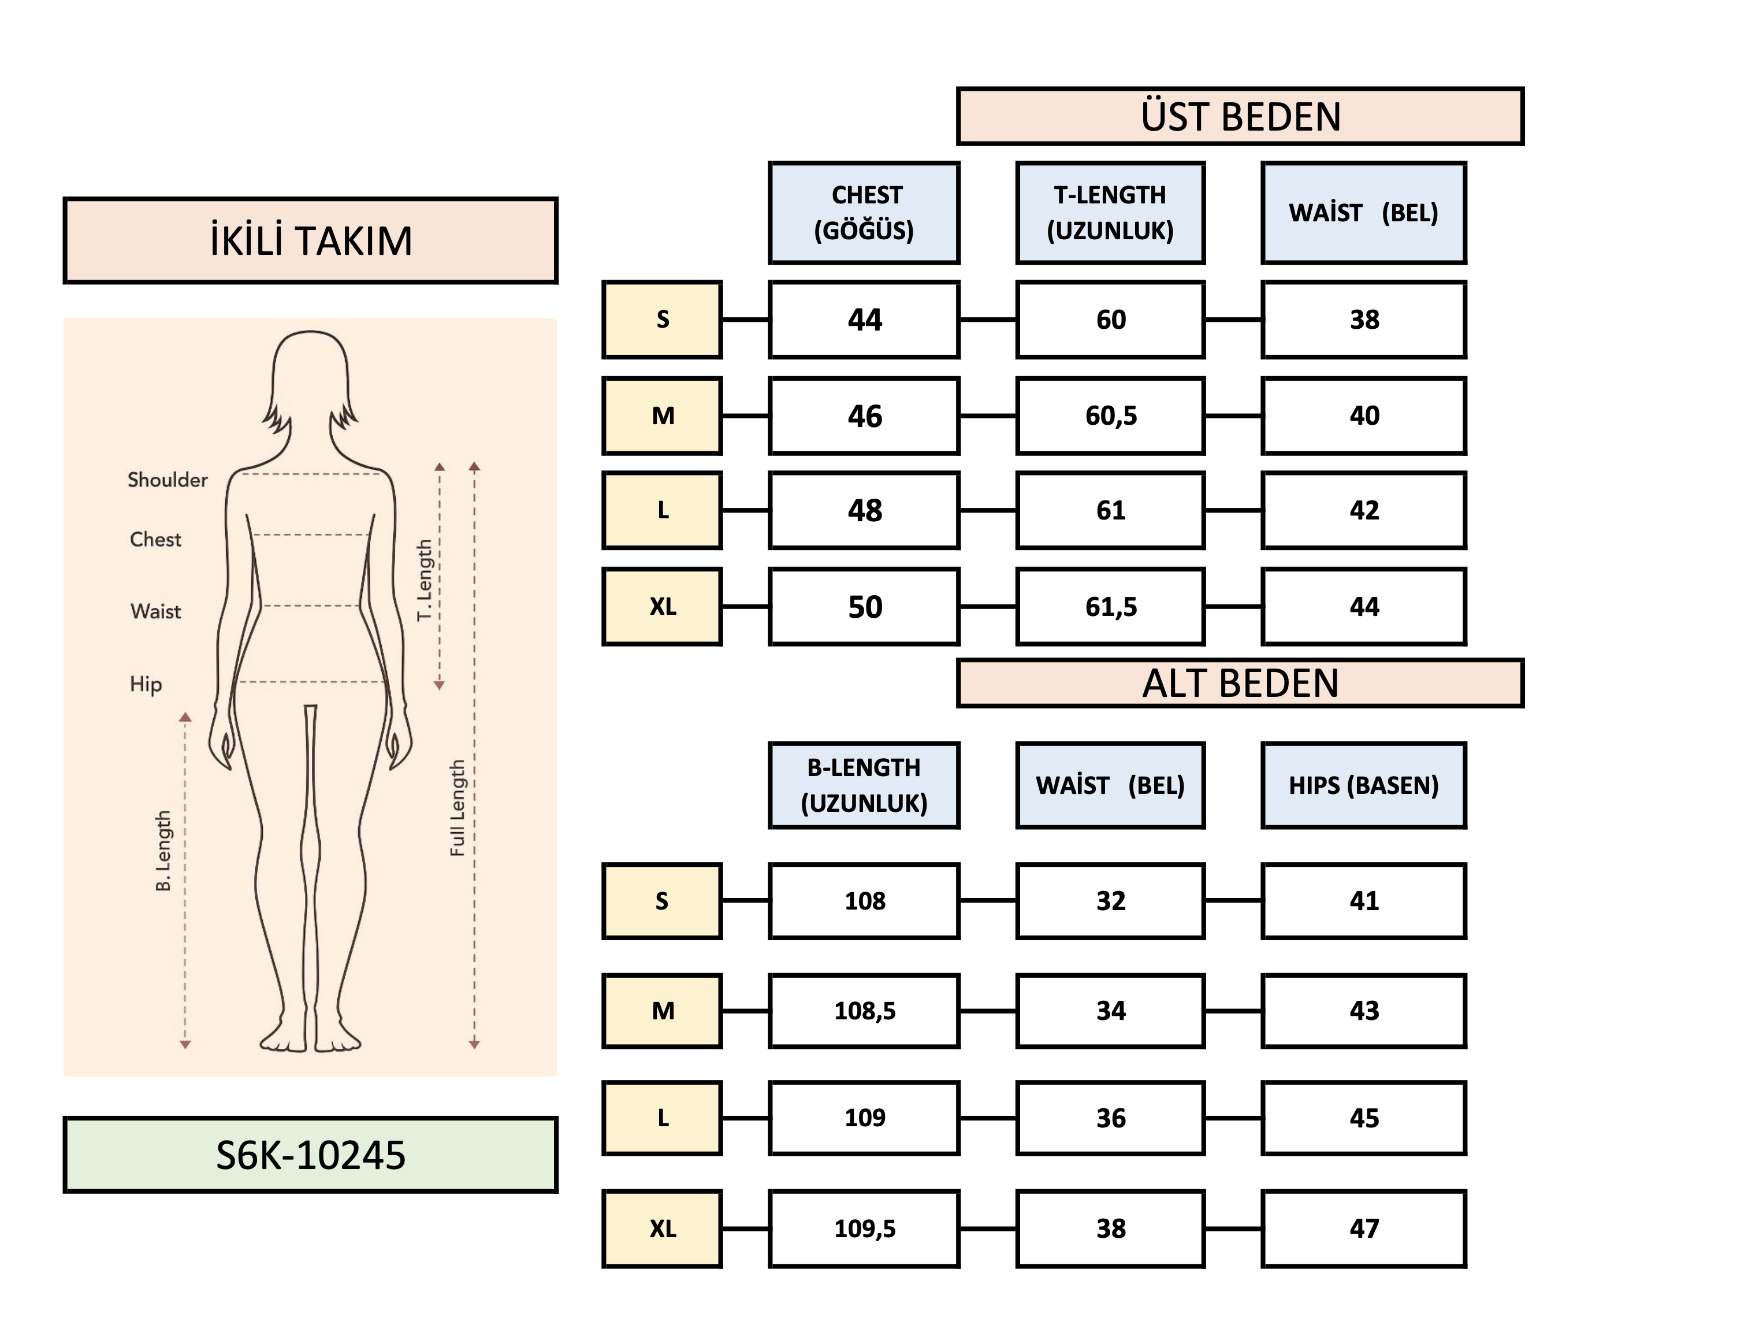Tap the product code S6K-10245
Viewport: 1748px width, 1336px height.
310,1155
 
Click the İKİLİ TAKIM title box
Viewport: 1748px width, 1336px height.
310,240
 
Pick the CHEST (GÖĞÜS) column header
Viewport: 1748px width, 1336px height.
864,212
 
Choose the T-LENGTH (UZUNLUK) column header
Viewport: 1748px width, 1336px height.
1110,212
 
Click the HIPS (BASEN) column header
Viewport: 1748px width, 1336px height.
1363,785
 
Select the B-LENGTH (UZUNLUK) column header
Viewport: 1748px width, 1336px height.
864,785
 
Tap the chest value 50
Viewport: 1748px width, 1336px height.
864,607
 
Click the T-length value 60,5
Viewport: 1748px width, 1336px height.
1110,415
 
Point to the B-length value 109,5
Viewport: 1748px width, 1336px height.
864,1229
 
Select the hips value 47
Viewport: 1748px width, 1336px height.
1363,1229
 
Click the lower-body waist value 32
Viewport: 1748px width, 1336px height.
1110,901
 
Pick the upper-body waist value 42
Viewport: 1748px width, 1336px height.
1363,510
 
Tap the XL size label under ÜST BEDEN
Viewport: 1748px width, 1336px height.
662,607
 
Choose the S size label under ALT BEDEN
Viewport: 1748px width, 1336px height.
662,901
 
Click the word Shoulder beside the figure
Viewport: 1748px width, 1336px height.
167,480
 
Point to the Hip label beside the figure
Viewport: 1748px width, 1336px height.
146,684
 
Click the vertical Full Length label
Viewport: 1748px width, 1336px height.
457,808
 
